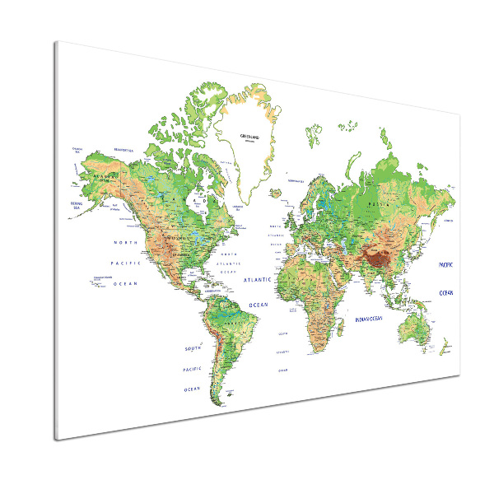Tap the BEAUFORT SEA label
124,148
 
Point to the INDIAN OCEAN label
369,319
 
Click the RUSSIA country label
379,200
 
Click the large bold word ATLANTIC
257,280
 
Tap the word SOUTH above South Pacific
193,349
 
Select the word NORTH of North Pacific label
126,243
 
